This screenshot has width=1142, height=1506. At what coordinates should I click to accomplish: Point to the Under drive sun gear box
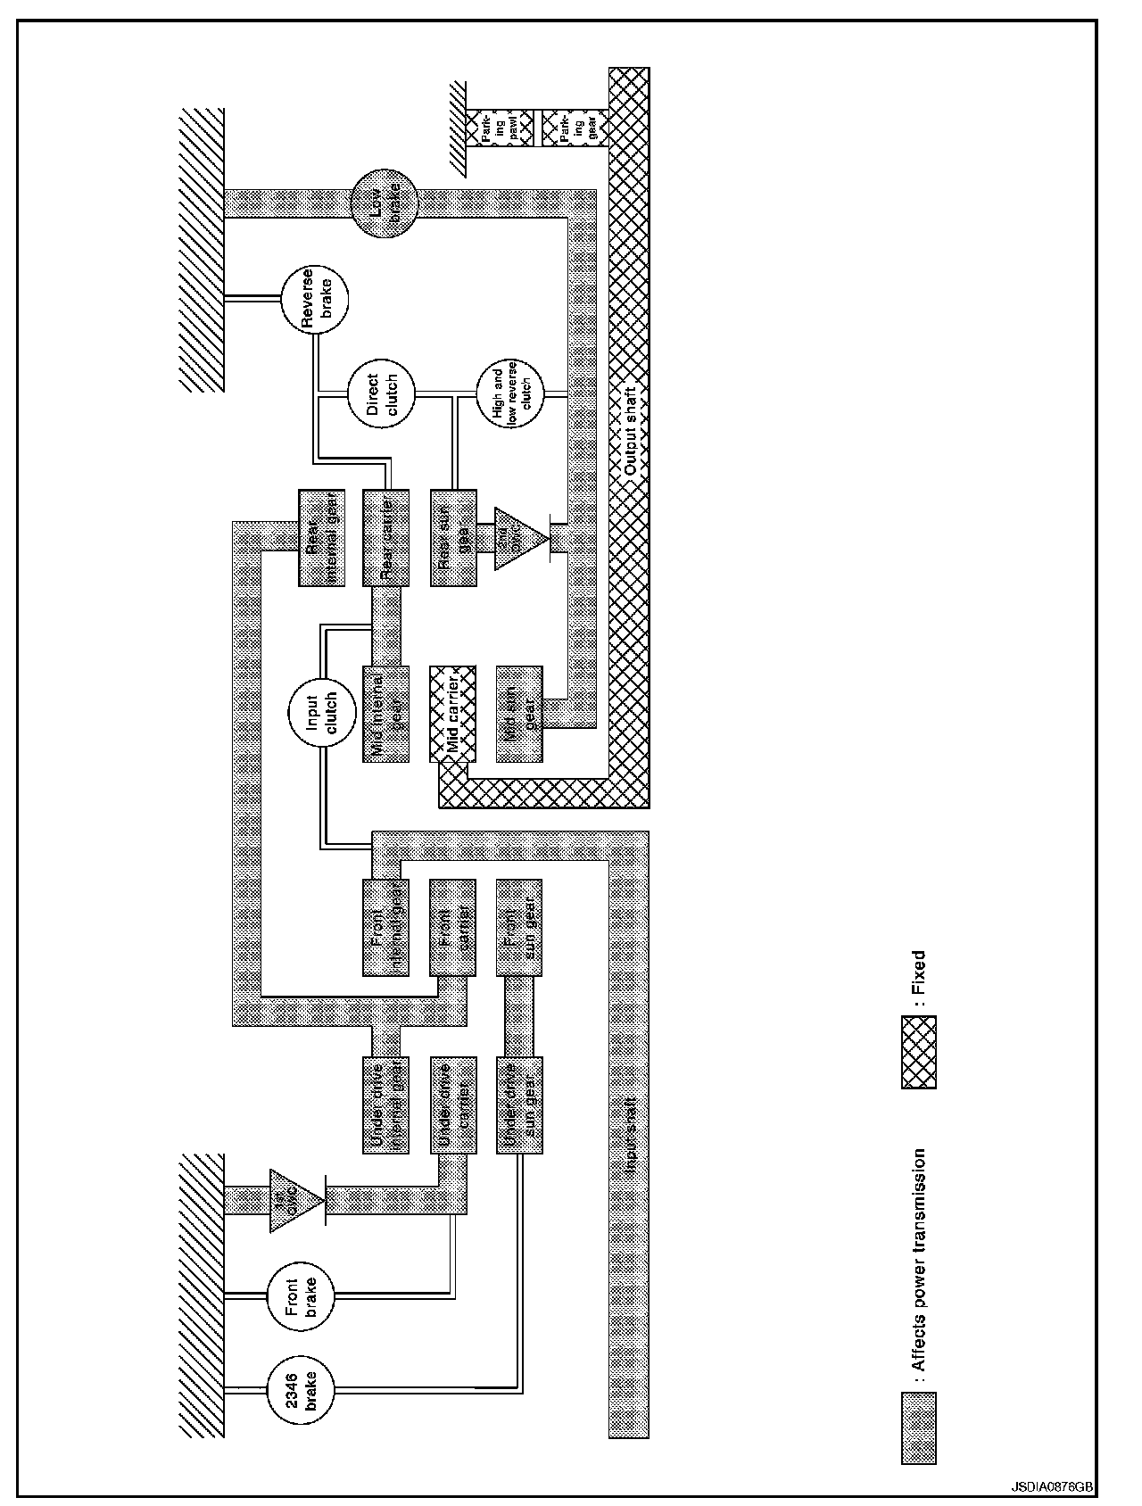[x=519, y=1105]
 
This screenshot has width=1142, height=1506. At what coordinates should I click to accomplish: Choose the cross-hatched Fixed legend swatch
[x=919, y=1053]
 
